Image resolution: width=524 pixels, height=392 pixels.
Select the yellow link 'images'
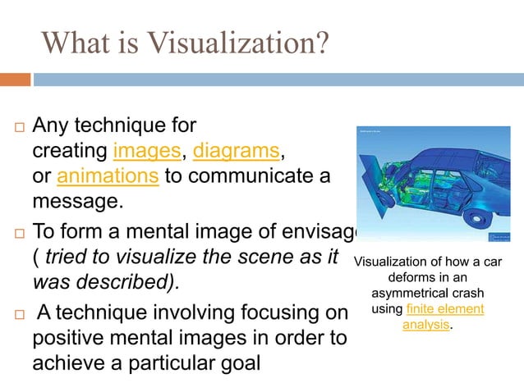147,152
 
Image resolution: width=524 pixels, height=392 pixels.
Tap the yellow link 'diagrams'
236,152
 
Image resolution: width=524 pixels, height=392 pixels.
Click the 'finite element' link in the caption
445,308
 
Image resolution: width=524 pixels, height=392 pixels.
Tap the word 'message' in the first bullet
71,202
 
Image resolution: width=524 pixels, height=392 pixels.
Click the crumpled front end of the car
371,189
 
